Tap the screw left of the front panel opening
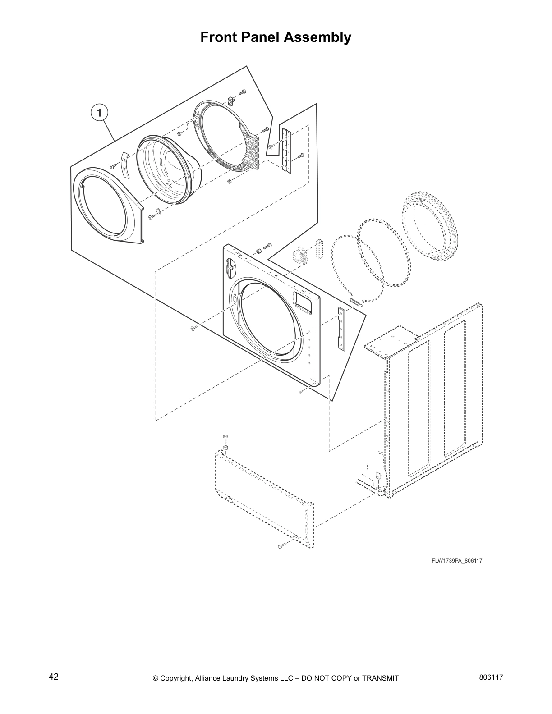tap(193, 329)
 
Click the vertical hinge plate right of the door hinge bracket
tap(285, 149)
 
